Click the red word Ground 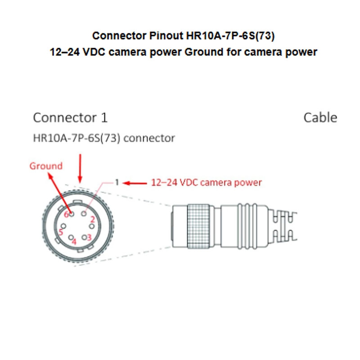point(46,166)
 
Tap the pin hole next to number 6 point(72,214)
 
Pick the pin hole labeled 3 point(84,237)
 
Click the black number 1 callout point(116,183)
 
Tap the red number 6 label point(66,214)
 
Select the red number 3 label point(90,237)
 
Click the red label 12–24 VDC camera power point(206,183)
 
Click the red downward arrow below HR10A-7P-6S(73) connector point(80,169)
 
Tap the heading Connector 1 point(70,118)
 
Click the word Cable point(320,118)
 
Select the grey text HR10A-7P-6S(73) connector point(104,138)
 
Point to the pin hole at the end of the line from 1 point(85,215)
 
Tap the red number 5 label point(61,233)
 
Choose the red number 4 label point(74,242)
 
